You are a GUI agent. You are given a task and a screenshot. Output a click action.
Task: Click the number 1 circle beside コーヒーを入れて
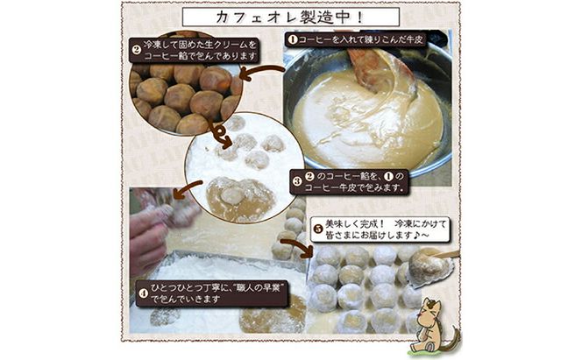coord(292,40)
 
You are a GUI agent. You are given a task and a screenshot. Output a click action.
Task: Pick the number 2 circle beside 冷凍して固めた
coord(137,49)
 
